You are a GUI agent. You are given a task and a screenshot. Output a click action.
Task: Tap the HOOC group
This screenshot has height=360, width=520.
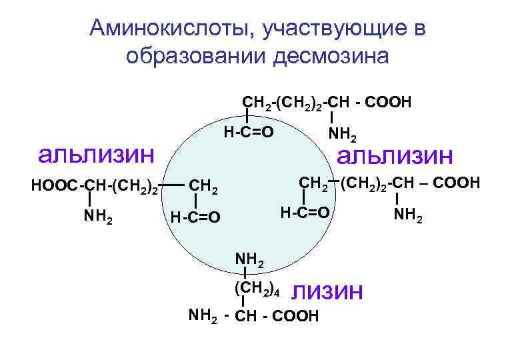tap(54, 185)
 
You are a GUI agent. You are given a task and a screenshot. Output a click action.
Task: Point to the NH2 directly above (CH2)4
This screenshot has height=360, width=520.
tap(249, 259)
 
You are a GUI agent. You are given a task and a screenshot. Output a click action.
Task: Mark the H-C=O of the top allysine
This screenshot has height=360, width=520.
tap(248, 131)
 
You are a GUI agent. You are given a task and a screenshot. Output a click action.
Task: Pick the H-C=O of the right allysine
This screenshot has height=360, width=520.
tap(304, 213)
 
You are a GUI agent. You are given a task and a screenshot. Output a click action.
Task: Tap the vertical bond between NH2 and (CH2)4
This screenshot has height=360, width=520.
tap(246, 274)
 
